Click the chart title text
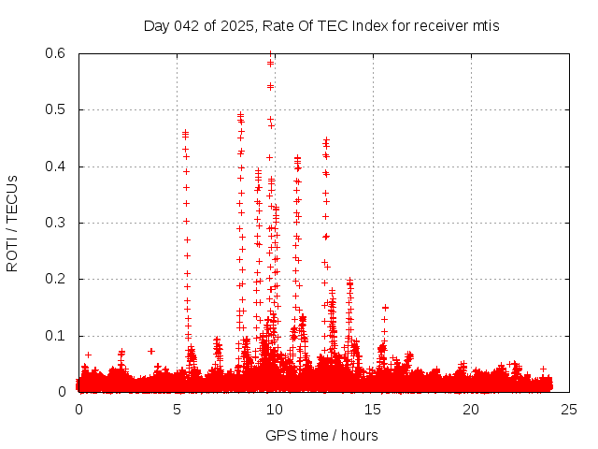coord(321,25)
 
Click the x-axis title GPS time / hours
coord(321,435)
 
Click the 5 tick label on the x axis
coord(177,410)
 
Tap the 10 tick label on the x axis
coord(275,410)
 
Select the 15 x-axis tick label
coord(373,410)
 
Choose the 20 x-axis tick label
coord(471,410)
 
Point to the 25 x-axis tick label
coord(569,410)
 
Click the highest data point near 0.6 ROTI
coord(270,54)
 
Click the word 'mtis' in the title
coord(485,25)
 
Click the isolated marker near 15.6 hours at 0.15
coord(384,308)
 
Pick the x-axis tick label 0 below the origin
coord(78,410)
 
